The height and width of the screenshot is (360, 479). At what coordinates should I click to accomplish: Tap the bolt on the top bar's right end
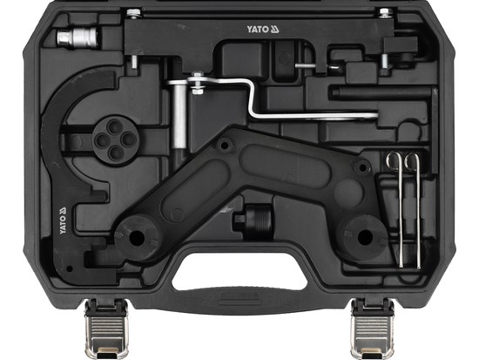click(x=383, y=13)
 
